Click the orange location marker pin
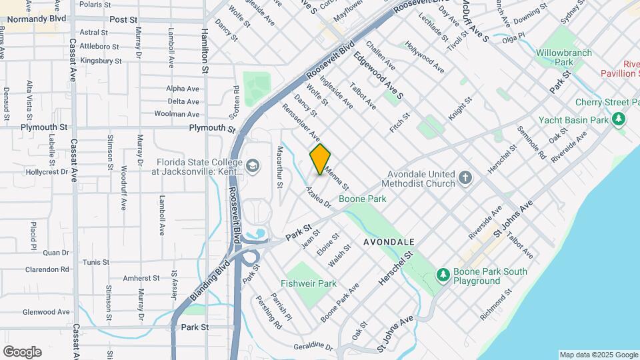pyautogui.click(x=321, y=159)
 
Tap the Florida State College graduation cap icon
pyautogui.click(x=253, y=165)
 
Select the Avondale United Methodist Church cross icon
pyautogui.click(x=465, y=177)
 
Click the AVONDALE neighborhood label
pyautogui.click(x=390, y=241)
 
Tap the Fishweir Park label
pyautogui.click(x=308, y=283)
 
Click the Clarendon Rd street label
pyautogui.click(x=46, y=269)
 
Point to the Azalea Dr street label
pyautogui.click(x=319, y=196)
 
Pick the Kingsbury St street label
pyautogui.click(x=100, y=61)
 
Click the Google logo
pyautogui.click(x=21, y=351)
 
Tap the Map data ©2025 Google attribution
pyautogui.click(x=598, y=355)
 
